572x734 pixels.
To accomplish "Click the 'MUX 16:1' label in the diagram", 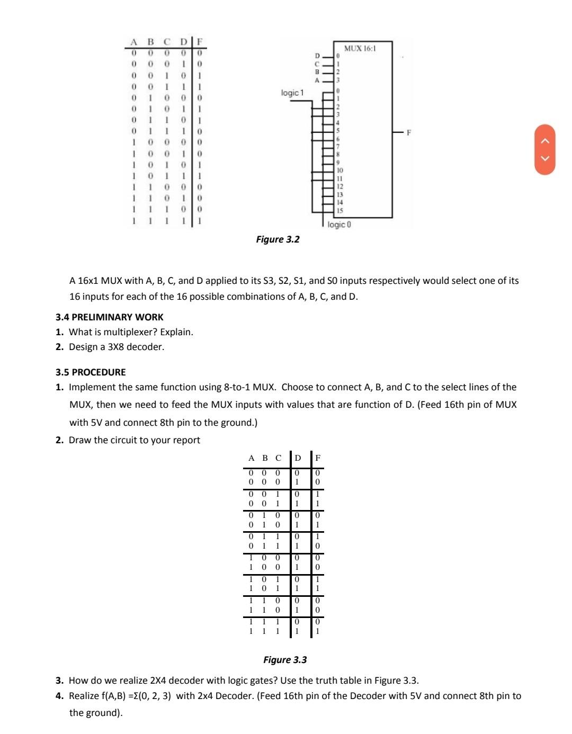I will [360, 49].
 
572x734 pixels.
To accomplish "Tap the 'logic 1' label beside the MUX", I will [292, 93].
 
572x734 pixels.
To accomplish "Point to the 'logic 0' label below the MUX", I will [339, 225].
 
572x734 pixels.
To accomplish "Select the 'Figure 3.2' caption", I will [278, 239].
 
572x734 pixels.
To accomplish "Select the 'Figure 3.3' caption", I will [285, 660].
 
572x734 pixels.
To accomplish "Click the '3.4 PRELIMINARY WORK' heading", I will [110, 317].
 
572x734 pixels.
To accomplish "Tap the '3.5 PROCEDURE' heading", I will [91, 372].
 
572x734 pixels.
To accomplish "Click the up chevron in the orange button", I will [548, 140].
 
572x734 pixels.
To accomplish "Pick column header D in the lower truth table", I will [298, 458].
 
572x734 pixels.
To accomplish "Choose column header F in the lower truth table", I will [318, 458].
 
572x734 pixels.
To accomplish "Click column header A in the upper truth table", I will [134, 42].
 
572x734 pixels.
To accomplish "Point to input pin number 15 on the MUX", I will [339, 210].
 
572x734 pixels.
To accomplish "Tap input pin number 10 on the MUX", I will [339, 171].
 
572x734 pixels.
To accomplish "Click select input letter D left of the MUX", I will [318, 55].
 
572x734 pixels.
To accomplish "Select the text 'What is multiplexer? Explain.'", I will [131, 332].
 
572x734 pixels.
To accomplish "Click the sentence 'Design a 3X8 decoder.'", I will [117, 347].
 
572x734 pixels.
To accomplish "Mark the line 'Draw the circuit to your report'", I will [135, 440].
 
